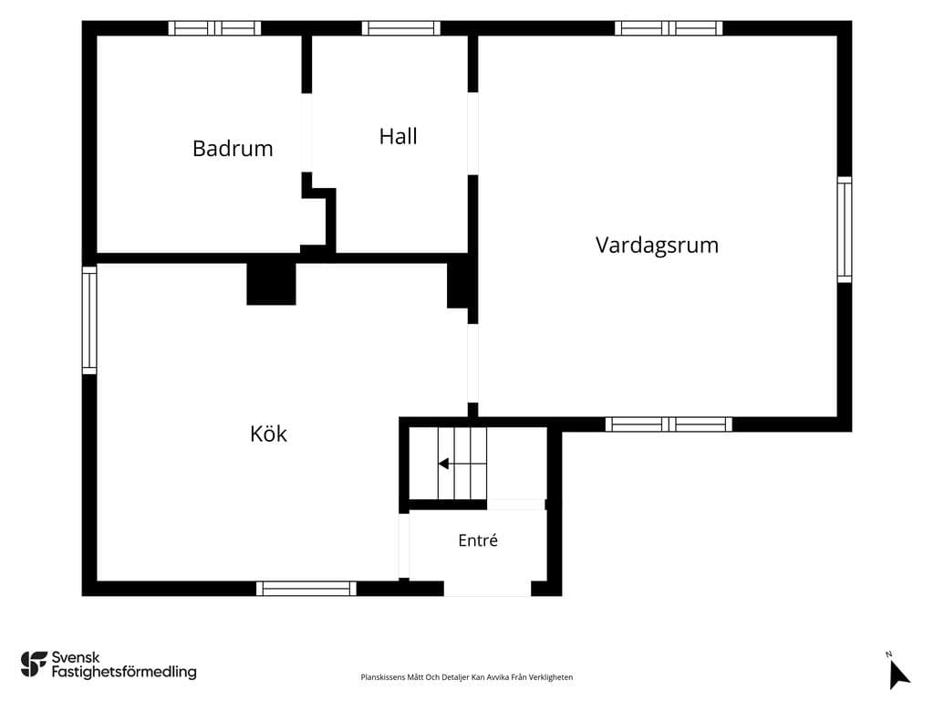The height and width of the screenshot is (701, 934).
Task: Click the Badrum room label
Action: coord(233,149)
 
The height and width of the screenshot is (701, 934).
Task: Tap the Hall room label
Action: coord(398,137)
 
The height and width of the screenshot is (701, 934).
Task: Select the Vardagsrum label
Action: coord(657,245)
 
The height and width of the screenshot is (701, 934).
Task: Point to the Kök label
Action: coord(269,434)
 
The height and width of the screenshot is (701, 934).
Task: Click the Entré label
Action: coord(478,540)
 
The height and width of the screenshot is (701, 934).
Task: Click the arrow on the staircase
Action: coord(444,463)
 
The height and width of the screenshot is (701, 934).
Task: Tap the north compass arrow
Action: coord(898,675)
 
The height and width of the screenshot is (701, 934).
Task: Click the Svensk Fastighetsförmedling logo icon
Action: coord(34,664)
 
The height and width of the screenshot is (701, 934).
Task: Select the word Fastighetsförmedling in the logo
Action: coord(124,672)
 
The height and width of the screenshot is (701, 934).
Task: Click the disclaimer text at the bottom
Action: coord(466,677)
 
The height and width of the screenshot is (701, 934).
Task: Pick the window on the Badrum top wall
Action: coord(214,28)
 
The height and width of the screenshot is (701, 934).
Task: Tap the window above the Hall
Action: coord(401,28)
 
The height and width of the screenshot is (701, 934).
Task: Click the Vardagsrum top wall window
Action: coord(669,28)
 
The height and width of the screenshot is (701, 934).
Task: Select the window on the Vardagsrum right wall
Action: coord(845,229)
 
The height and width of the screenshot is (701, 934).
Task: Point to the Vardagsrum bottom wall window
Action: coord(669,424)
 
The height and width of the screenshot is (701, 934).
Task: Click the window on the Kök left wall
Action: coord(89,320)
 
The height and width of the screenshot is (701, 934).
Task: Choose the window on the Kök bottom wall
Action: coord(306,589)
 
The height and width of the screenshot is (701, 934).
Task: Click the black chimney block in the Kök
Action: coord(271,284)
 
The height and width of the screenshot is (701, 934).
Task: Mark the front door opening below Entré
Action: coord(487,589)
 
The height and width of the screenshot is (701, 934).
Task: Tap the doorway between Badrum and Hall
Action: coord(306,133)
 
